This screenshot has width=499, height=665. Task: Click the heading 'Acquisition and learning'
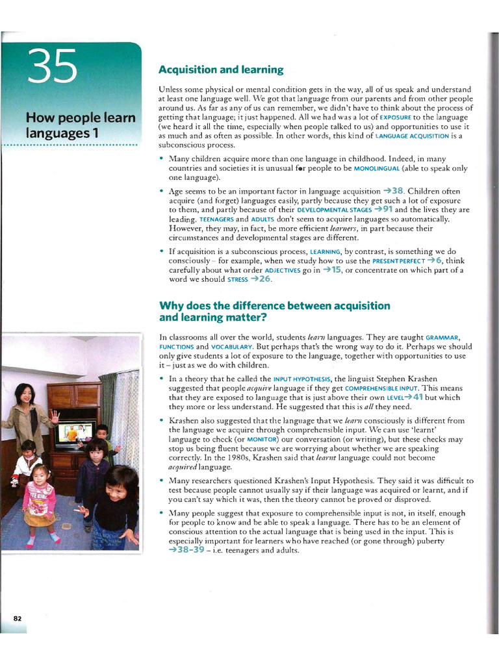tap(221, 69)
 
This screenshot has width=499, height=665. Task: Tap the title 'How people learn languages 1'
tap(81, 125)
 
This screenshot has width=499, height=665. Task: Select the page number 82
tap(18, 619)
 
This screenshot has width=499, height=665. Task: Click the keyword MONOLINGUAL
tap(379, 168)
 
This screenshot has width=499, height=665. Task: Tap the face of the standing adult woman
tap(25, 394)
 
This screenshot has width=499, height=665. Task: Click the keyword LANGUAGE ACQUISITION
tap(413, 136)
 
